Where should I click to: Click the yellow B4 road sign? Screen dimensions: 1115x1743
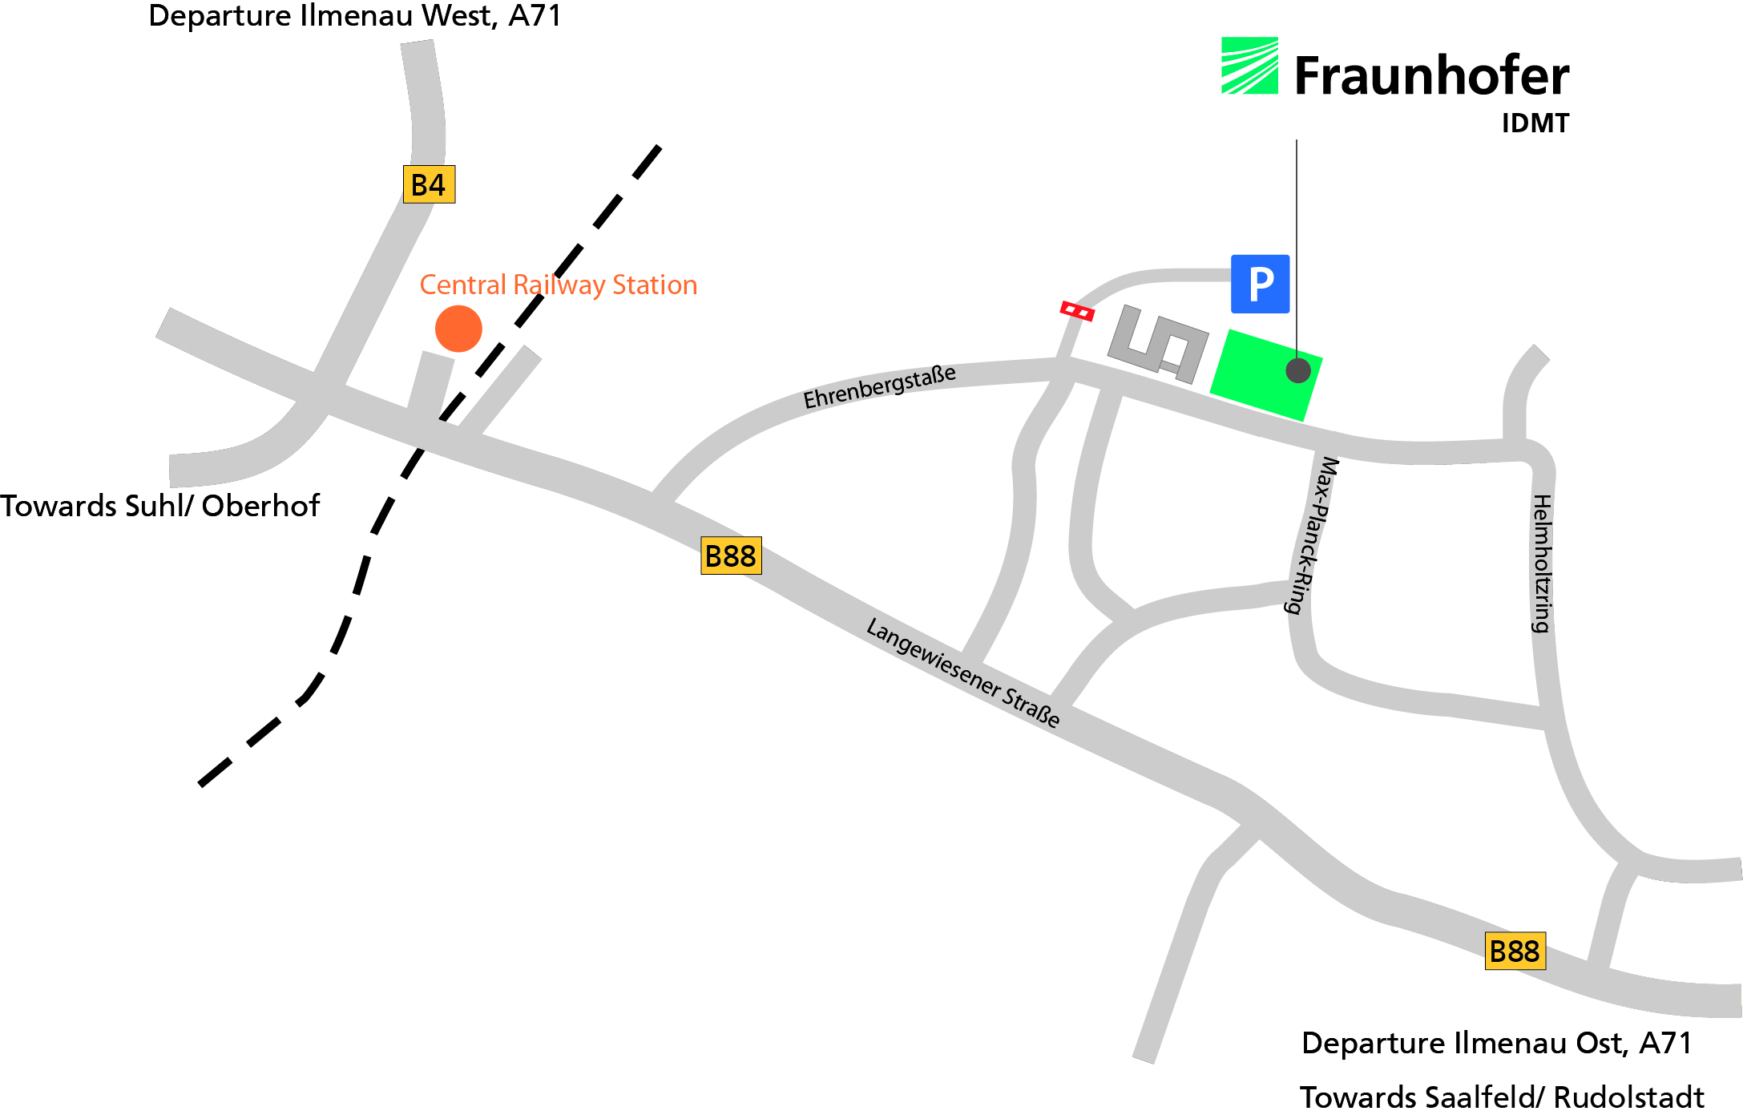429,184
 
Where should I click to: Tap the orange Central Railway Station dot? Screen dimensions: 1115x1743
458,329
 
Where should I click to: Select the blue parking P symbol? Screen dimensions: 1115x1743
1260,284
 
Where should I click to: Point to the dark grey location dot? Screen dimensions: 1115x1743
1298,370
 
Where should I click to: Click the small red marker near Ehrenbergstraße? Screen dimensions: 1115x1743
1077,311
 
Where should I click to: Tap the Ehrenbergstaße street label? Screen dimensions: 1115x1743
879,387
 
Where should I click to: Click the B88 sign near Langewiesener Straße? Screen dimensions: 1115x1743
731,555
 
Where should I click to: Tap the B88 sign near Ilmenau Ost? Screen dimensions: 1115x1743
1515,951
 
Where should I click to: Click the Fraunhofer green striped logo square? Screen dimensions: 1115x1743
1249,66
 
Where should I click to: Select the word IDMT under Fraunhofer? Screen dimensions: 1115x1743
1535,123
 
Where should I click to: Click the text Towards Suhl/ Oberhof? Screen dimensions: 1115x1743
159,507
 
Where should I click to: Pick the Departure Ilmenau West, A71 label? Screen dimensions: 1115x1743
355,16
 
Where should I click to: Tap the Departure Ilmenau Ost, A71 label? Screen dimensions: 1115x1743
1496,1043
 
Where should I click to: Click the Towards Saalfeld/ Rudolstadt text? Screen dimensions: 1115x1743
1502,1097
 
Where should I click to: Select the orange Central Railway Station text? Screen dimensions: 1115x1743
559,285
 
